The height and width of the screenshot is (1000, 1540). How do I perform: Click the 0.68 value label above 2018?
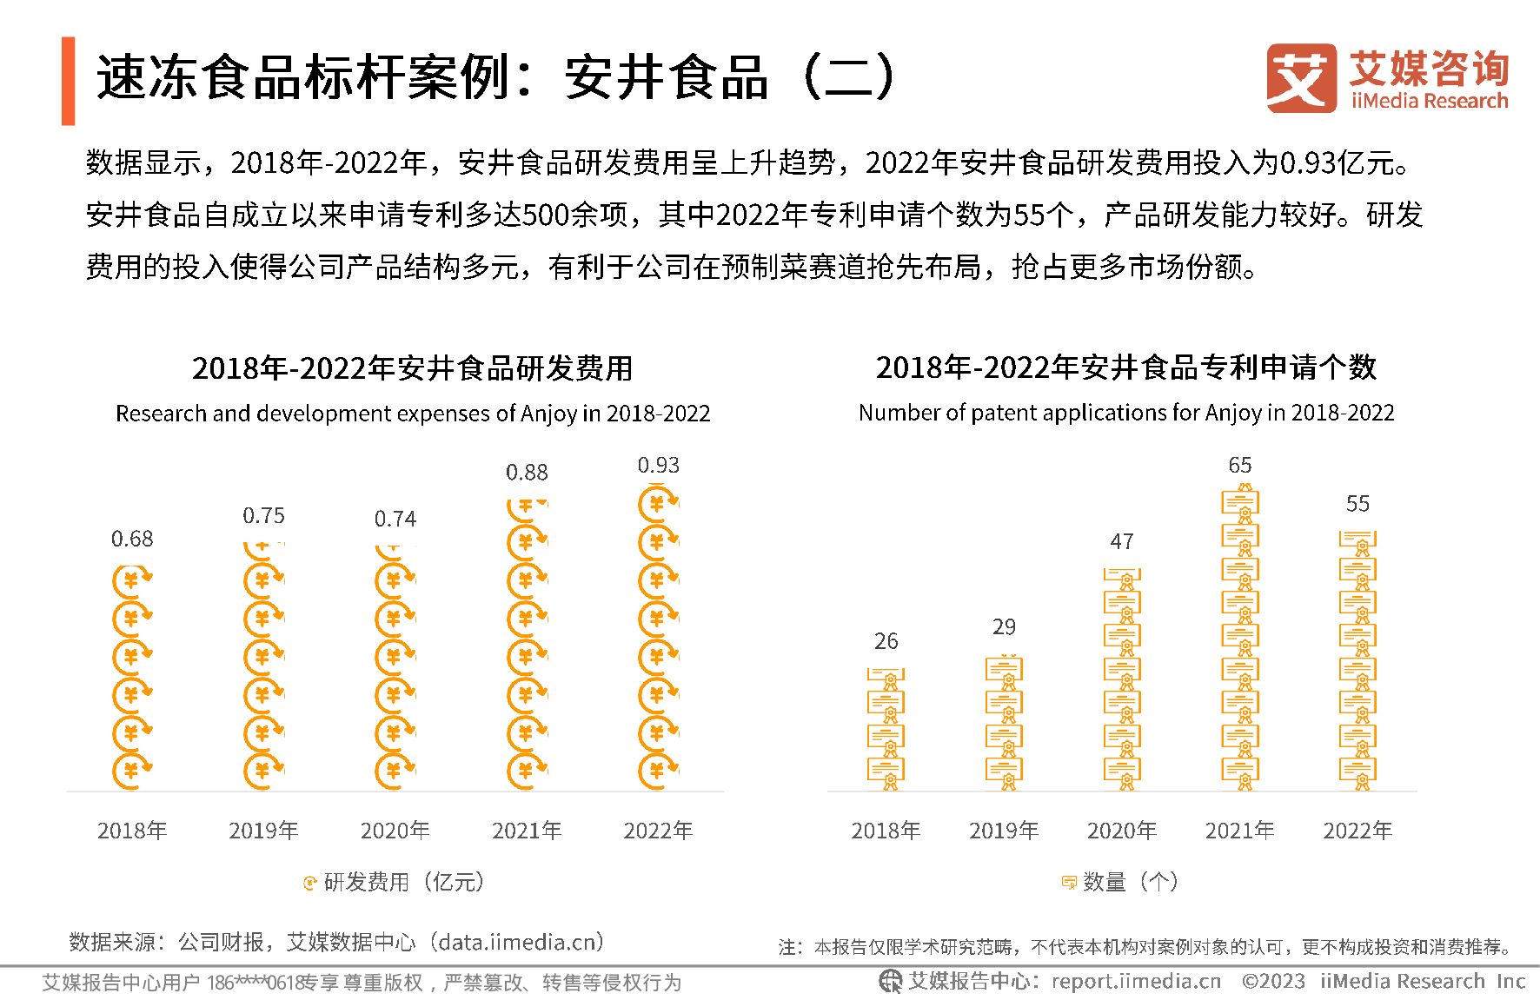click(x=132, y=540)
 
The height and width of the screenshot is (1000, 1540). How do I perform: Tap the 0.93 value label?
click(x=659, y=466)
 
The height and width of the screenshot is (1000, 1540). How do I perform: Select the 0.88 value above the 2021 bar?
click(x=527, y=473)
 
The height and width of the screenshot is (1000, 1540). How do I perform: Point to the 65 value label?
click(x=1240, y=466)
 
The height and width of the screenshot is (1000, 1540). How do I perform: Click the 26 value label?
click(x=886, y=641)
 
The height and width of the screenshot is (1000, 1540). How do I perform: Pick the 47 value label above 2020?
click(x=1122, y=542)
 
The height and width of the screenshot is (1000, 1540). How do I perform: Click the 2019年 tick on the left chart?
click(x=263, y=831)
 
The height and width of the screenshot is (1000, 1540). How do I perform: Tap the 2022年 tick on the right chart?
click(x=1357, y=831)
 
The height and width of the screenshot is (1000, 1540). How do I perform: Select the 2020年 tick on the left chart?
click(x=395, y=831)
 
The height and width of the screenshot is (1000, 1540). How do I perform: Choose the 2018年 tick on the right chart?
click(x=886, y=831)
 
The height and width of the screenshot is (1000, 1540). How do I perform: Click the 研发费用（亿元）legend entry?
click(x=395, y=883)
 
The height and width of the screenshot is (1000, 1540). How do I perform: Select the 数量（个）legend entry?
click(x=1121, y=883)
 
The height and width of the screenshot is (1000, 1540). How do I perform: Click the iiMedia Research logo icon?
click(x=1301, y=78)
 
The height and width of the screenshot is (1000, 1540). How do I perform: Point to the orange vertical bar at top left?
click(x=69, y=81)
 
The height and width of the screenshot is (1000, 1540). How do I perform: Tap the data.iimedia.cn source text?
click(x=521, y=943)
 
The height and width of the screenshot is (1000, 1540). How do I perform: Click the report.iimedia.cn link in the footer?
click(x=1136, y=982)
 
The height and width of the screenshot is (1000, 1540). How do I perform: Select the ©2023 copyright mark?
click(x=1273, y=982)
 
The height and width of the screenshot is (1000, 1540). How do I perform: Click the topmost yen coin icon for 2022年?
click(x=658, y=504)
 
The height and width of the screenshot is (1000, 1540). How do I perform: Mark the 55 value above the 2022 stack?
click(x=1357, y=504)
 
